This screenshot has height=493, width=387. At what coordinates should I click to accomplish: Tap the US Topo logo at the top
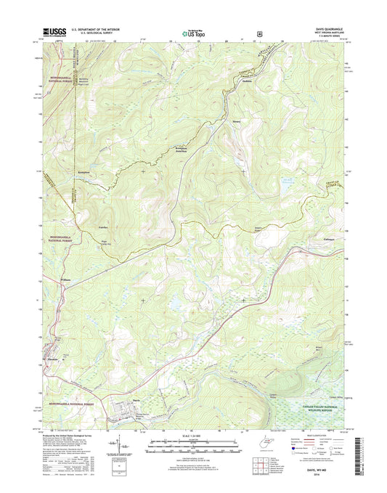coord(193,31)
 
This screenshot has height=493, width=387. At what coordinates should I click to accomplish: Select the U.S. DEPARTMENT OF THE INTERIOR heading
coord(94,29)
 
